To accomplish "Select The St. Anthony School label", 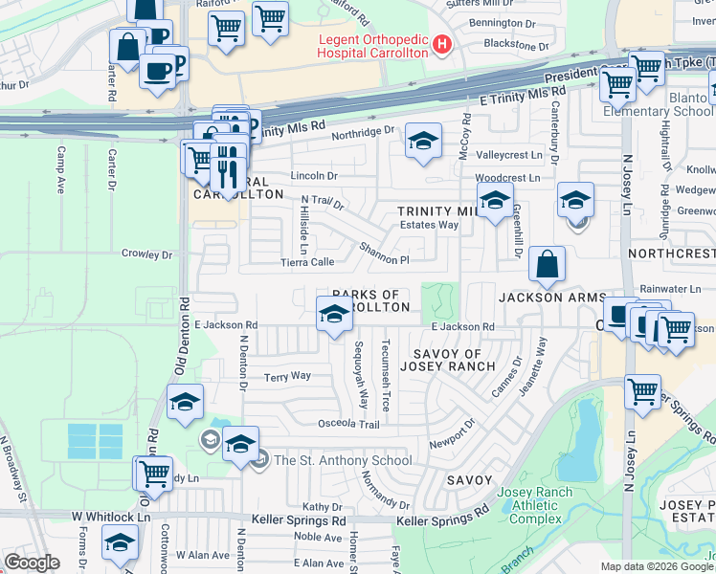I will point(343,460).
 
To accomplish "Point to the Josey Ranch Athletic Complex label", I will point(529,505).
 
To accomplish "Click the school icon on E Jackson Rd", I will point(333,314).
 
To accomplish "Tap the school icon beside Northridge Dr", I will point(423,142).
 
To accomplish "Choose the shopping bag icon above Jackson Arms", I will point(546,265).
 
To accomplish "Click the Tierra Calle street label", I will point(306,261).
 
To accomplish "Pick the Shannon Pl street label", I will point(385,254).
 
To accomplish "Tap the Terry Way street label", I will point(288,377).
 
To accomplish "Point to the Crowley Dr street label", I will point(146,254).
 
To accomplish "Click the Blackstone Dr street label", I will point(517,45).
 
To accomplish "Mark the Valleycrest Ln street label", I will point(508,154).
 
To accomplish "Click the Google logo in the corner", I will point(32,563).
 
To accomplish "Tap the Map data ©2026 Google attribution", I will point(655,566).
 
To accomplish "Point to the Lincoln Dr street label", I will point(314,176).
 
